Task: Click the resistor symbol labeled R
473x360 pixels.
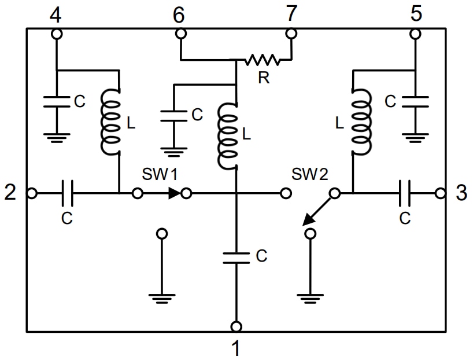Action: click(263, 59)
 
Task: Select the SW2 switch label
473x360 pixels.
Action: click(310, 174)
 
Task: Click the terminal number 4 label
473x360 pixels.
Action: click(56, 14)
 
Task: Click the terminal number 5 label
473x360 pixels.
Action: click(416, 14)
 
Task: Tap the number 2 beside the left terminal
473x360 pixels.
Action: click(10, 193)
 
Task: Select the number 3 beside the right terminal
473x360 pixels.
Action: click(461, 193)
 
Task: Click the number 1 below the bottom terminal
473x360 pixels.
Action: click(235, 348)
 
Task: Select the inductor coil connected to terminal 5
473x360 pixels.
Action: click(361, 122)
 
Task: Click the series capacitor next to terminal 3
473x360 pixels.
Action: click(405, 193)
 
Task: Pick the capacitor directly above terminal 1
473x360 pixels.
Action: click(235, 257)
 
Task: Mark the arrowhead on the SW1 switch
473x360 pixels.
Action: click(174, 193)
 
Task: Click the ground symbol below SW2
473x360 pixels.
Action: click(311, 299)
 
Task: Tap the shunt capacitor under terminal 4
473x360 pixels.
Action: click(57, 102)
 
